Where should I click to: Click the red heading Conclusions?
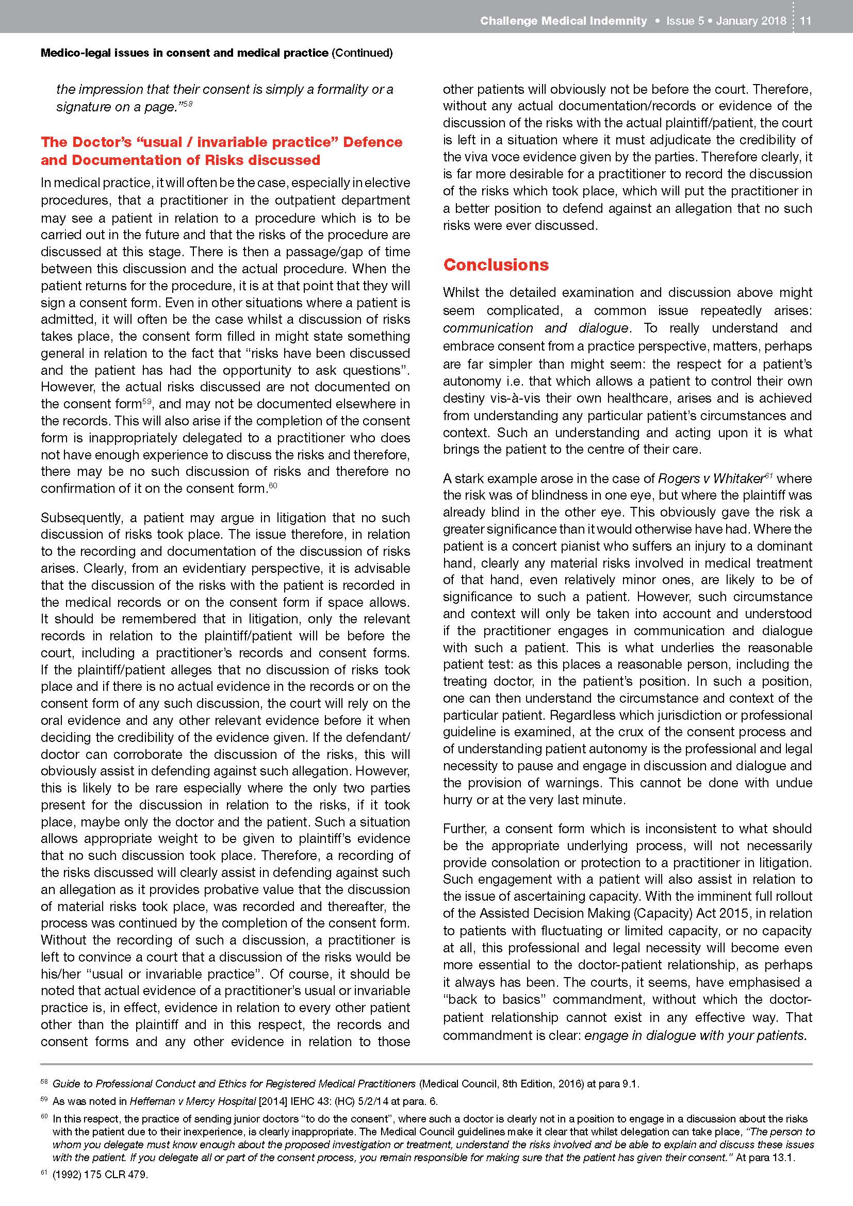(496, 265)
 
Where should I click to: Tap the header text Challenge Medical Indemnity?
(563, 21)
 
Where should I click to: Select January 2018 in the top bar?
(751, 21)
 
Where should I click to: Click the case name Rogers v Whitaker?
(710, 478)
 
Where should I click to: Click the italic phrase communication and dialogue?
(535, 328)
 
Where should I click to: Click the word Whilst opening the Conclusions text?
(461, 292)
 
